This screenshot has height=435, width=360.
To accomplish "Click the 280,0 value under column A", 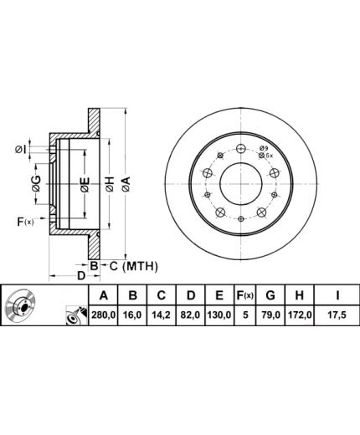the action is coord(103,315).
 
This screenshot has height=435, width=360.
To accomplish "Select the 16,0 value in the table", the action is coord(132,315).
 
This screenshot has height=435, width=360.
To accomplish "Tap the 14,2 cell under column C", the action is coord(162,315).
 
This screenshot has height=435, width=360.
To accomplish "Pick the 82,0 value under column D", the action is coord(190,315).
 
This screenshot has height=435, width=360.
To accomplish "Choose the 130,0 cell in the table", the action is coord(219,315).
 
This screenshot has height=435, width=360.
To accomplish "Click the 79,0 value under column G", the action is coord(270,315).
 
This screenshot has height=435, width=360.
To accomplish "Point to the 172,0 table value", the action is coord(300,315).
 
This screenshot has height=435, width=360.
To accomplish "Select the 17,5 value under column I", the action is coord(337,315).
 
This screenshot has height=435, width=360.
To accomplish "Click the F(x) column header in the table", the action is coord(244,294).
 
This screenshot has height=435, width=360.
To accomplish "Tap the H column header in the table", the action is coord(299,294).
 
